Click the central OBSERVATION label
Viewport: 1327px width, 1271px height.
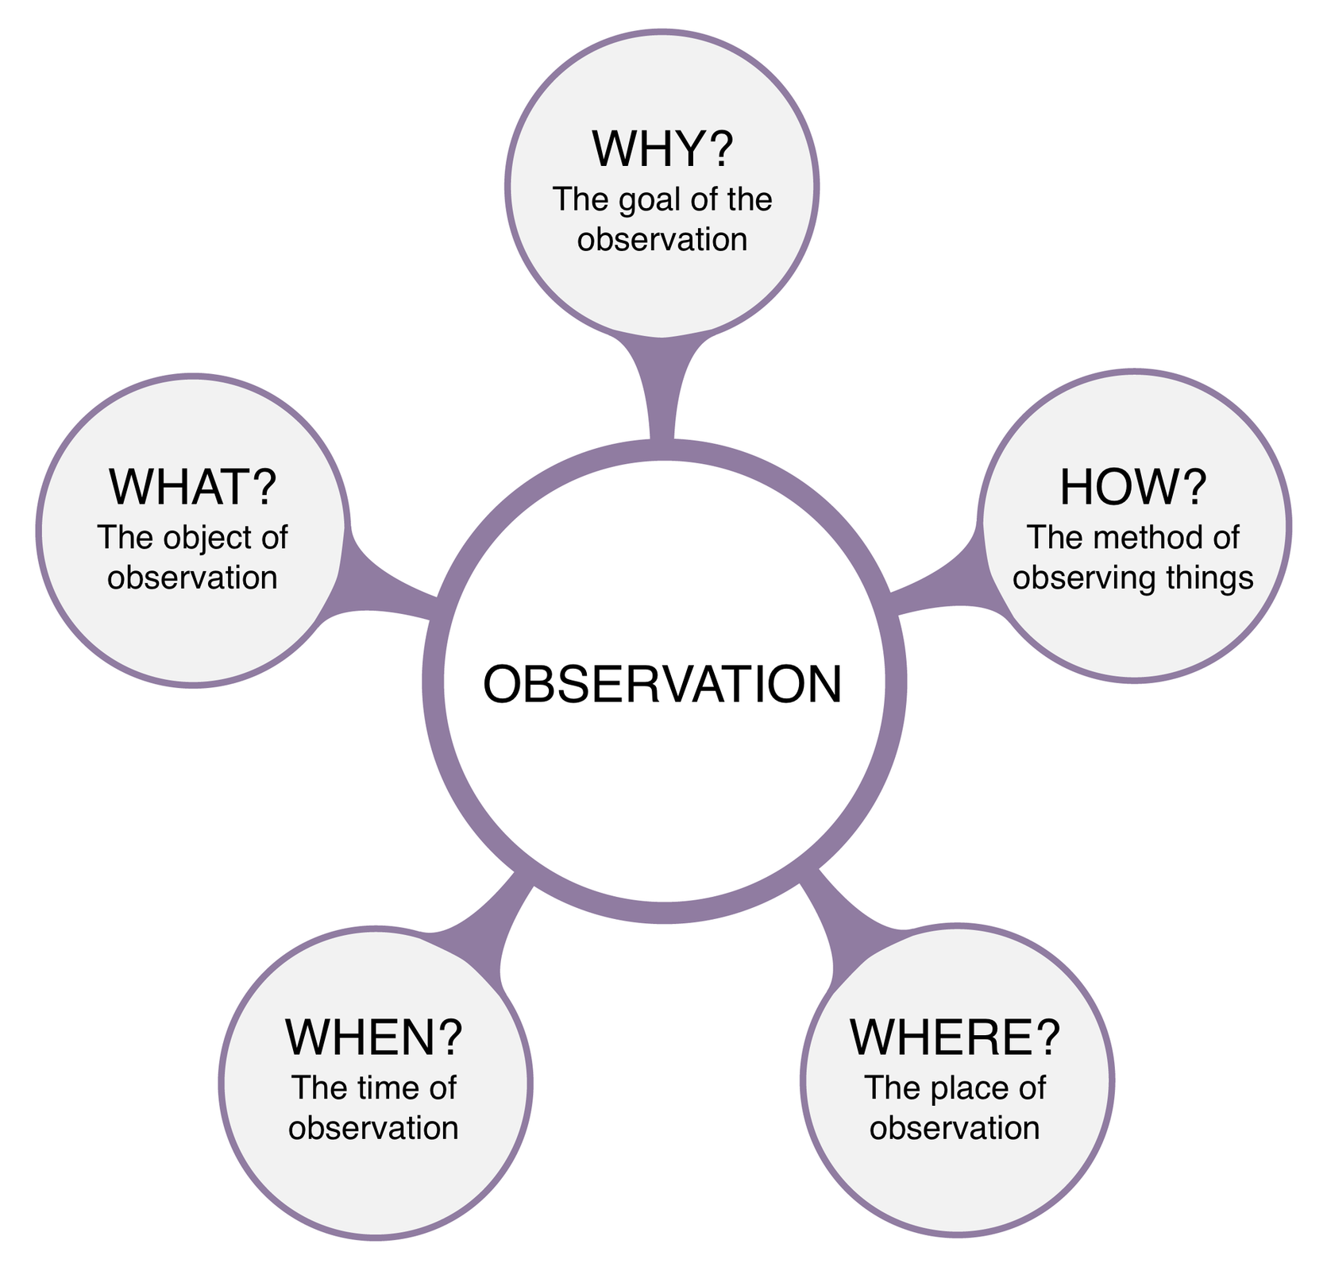coord(662,684)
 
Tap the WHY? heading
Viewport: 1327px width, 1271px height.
coord(662,149)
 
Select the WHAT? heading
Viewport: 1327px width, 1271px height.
coord(193,487)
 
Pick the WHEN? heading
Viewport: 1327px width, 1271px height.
coord(373,1037)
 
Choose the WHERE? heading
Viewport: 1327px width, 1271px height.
coord(955,1037)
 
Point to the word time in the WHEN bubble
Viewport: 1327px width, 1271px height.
coord(376,1087)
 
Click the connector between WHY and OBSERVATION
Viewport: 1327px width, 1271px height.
coord(662,389)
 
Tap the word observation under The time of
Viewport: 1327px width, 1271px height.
coord(373,1128)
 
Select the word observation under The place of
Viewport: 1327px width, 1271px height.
coord(955,1128)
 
